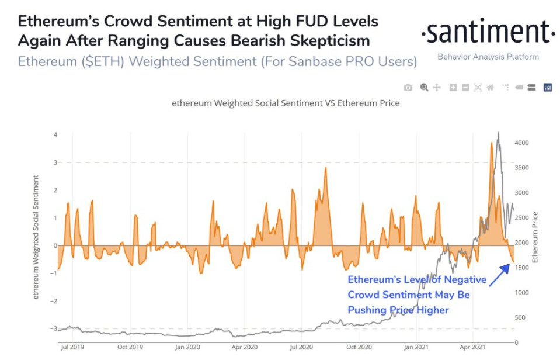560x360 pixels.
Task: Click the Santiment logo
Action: [488, 33]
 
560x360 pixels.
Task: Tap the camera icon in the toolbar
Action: [408, 88]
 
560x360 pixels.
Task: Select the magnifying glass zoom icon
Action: [424, 88]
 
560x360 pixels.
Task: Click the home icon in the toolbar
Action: [491, 88]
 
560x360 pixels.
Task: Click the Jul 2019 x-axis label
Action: [72, 347]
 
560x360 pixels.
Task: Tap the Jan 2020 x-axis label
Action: [189, 347]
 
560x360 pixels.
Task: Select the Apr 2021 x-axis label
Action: [474, 347]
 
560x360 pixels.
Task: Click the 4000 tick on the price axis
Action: [521, 143]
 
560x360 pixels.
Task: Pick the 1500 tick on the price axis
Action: [521, 268]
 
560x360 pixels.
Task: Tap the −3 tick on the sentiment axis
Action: [54, 329]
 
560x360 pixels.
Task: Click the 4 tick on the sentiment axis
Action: [55, 135]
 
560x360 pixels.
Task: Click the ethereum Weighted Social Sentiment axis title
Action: [36, 237]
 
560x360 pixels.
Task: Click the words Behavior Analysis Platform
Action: [488, 57]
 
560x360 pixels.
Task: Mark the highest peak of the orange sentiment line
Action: [492, 143]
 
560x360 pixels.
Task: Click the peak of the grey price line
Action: [498, 133]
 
